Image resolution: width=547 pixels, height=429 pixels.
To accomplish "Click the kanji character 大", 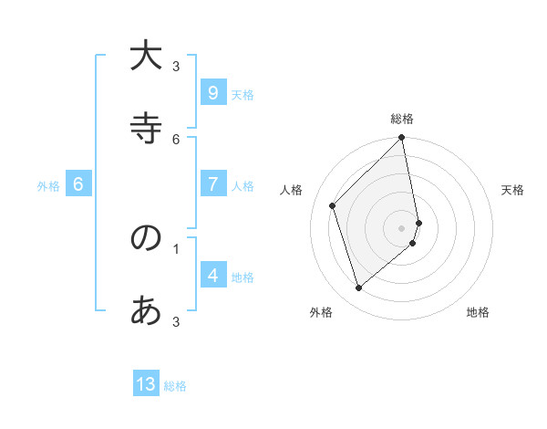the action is coord(146,57).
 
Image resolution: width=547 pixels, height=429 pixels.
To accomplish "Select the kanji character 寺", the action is coord(146,129).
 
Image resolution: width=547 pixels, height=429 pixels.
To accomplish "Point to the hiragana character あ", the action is coord(146,311).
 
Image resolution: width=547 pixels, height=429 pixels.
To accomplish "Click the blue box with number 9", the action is coord(212,92).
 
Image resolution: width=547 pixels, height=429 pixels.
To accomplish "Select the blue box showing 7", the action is coord(212,183).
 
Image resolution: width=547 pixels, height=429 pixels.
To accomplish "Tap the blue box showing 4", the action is coord(212,275).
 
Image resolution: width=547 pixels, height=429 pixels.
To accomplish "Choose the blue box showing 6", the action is coord(78,183).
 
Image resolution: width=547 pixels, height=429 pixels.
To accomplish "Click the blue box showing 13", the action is coord(146,384).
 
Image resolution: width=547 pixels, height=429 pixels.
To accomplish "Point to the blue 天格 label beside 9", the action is coord(243,94).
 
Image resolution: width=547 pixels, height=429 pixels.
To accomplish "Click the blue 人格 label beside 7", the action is coord(243,185).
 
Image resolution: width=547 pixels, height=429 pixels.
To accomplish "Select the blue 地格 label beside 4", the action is coord(243,277).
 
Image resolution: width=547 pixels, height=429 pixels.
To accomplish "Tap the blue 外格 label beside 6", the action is coord(48,185).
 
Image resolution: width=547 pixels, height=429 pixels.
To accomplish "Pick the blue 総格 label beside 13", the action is coord(175,386).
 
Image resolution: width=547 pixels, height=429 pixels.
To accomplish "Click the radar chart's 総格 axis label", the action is coord(402,119).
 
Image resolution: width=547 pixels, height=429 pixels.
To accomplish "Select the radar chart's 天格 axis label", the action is coord(512,190).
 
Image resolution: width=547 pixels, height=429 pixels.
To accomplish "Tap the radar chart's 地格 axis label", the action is coord(478,312).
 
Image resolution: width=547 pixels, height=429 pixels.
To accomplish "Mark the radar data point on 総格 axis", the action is coord(402,138).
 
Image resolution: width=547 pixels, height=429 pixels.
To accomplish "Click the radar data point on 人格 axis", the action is coord(333,205).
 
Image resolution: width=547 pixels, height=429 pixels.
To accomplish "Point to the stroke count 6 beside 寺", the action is coord(176,139).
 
